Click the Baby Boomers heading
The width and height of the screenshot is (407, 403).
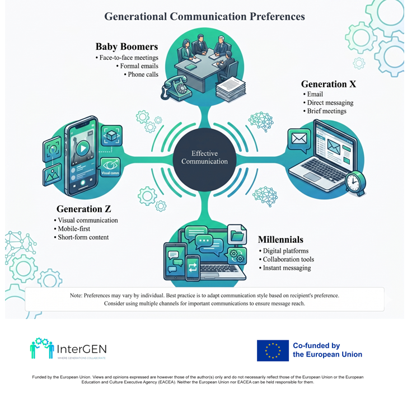(127, 46)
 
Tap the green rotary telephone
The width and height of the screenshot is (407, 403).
(176, 88)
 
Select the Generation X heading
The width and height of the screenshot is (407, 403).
(329, 84)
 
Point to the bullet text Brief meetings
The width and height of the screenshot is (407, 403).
(326, 111)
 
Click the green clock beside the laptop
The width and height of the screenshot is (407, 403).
(355, 182)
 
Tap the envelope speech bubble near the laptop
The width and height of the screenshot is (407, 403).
(299, 140)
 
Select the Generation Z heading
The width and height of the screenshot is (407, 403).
(83, 209)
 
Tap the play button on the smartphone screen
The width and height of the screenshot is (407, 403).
(83, 148)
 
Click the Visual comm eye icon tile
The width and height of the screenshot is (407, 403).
(110, 167)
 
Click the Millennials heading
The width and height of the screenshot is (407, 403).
(280, 240)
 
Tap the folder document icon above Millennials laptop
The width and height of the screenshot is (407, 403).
(237, 235)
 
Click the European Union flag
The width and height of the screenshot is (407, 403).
(273, 350)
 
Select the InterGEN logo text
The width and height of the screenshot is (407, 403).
(82, 349)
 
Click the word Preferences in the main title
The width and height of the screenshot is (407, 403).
(277, 16)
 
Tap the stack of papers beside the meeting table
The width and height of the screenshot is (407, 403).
(231, 90)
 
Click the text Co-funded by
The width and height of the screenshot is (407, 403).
(316, 346)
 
